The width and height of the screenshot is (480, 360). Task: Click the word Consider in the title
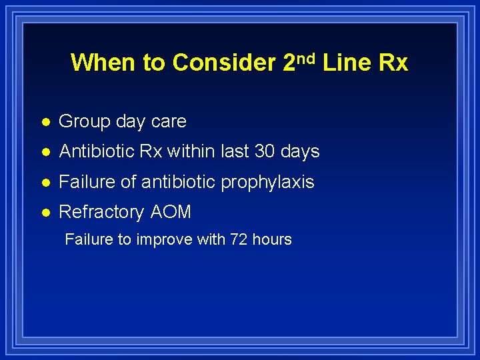[x=224, y=63]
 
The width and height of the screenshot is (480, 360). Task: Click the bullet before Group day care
[x=43, y=122]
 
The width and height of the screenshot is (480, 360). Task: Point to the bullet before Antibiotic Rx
[x=43, y=152]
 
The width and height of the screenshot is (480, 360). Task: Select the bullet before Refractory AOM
[x=43, y=213]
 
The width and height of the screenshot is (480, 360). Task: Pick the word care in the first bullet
[x=169, y=122]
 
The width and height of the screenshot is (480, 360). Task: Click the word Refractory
[x=101, y=213]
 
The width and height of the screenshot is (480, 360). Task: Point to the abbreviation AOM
[x=171, y=213]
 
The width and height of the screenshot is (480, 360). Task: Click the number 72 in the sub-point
[x=239, y=239]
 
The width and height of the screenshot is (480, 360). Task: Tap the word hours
[x=271, y=239]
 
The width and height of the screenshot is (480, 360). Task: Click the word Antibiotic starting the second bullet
[x=95, y=152]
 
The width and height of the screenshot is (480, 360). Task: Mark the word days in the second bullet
[x=301, y=152]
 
